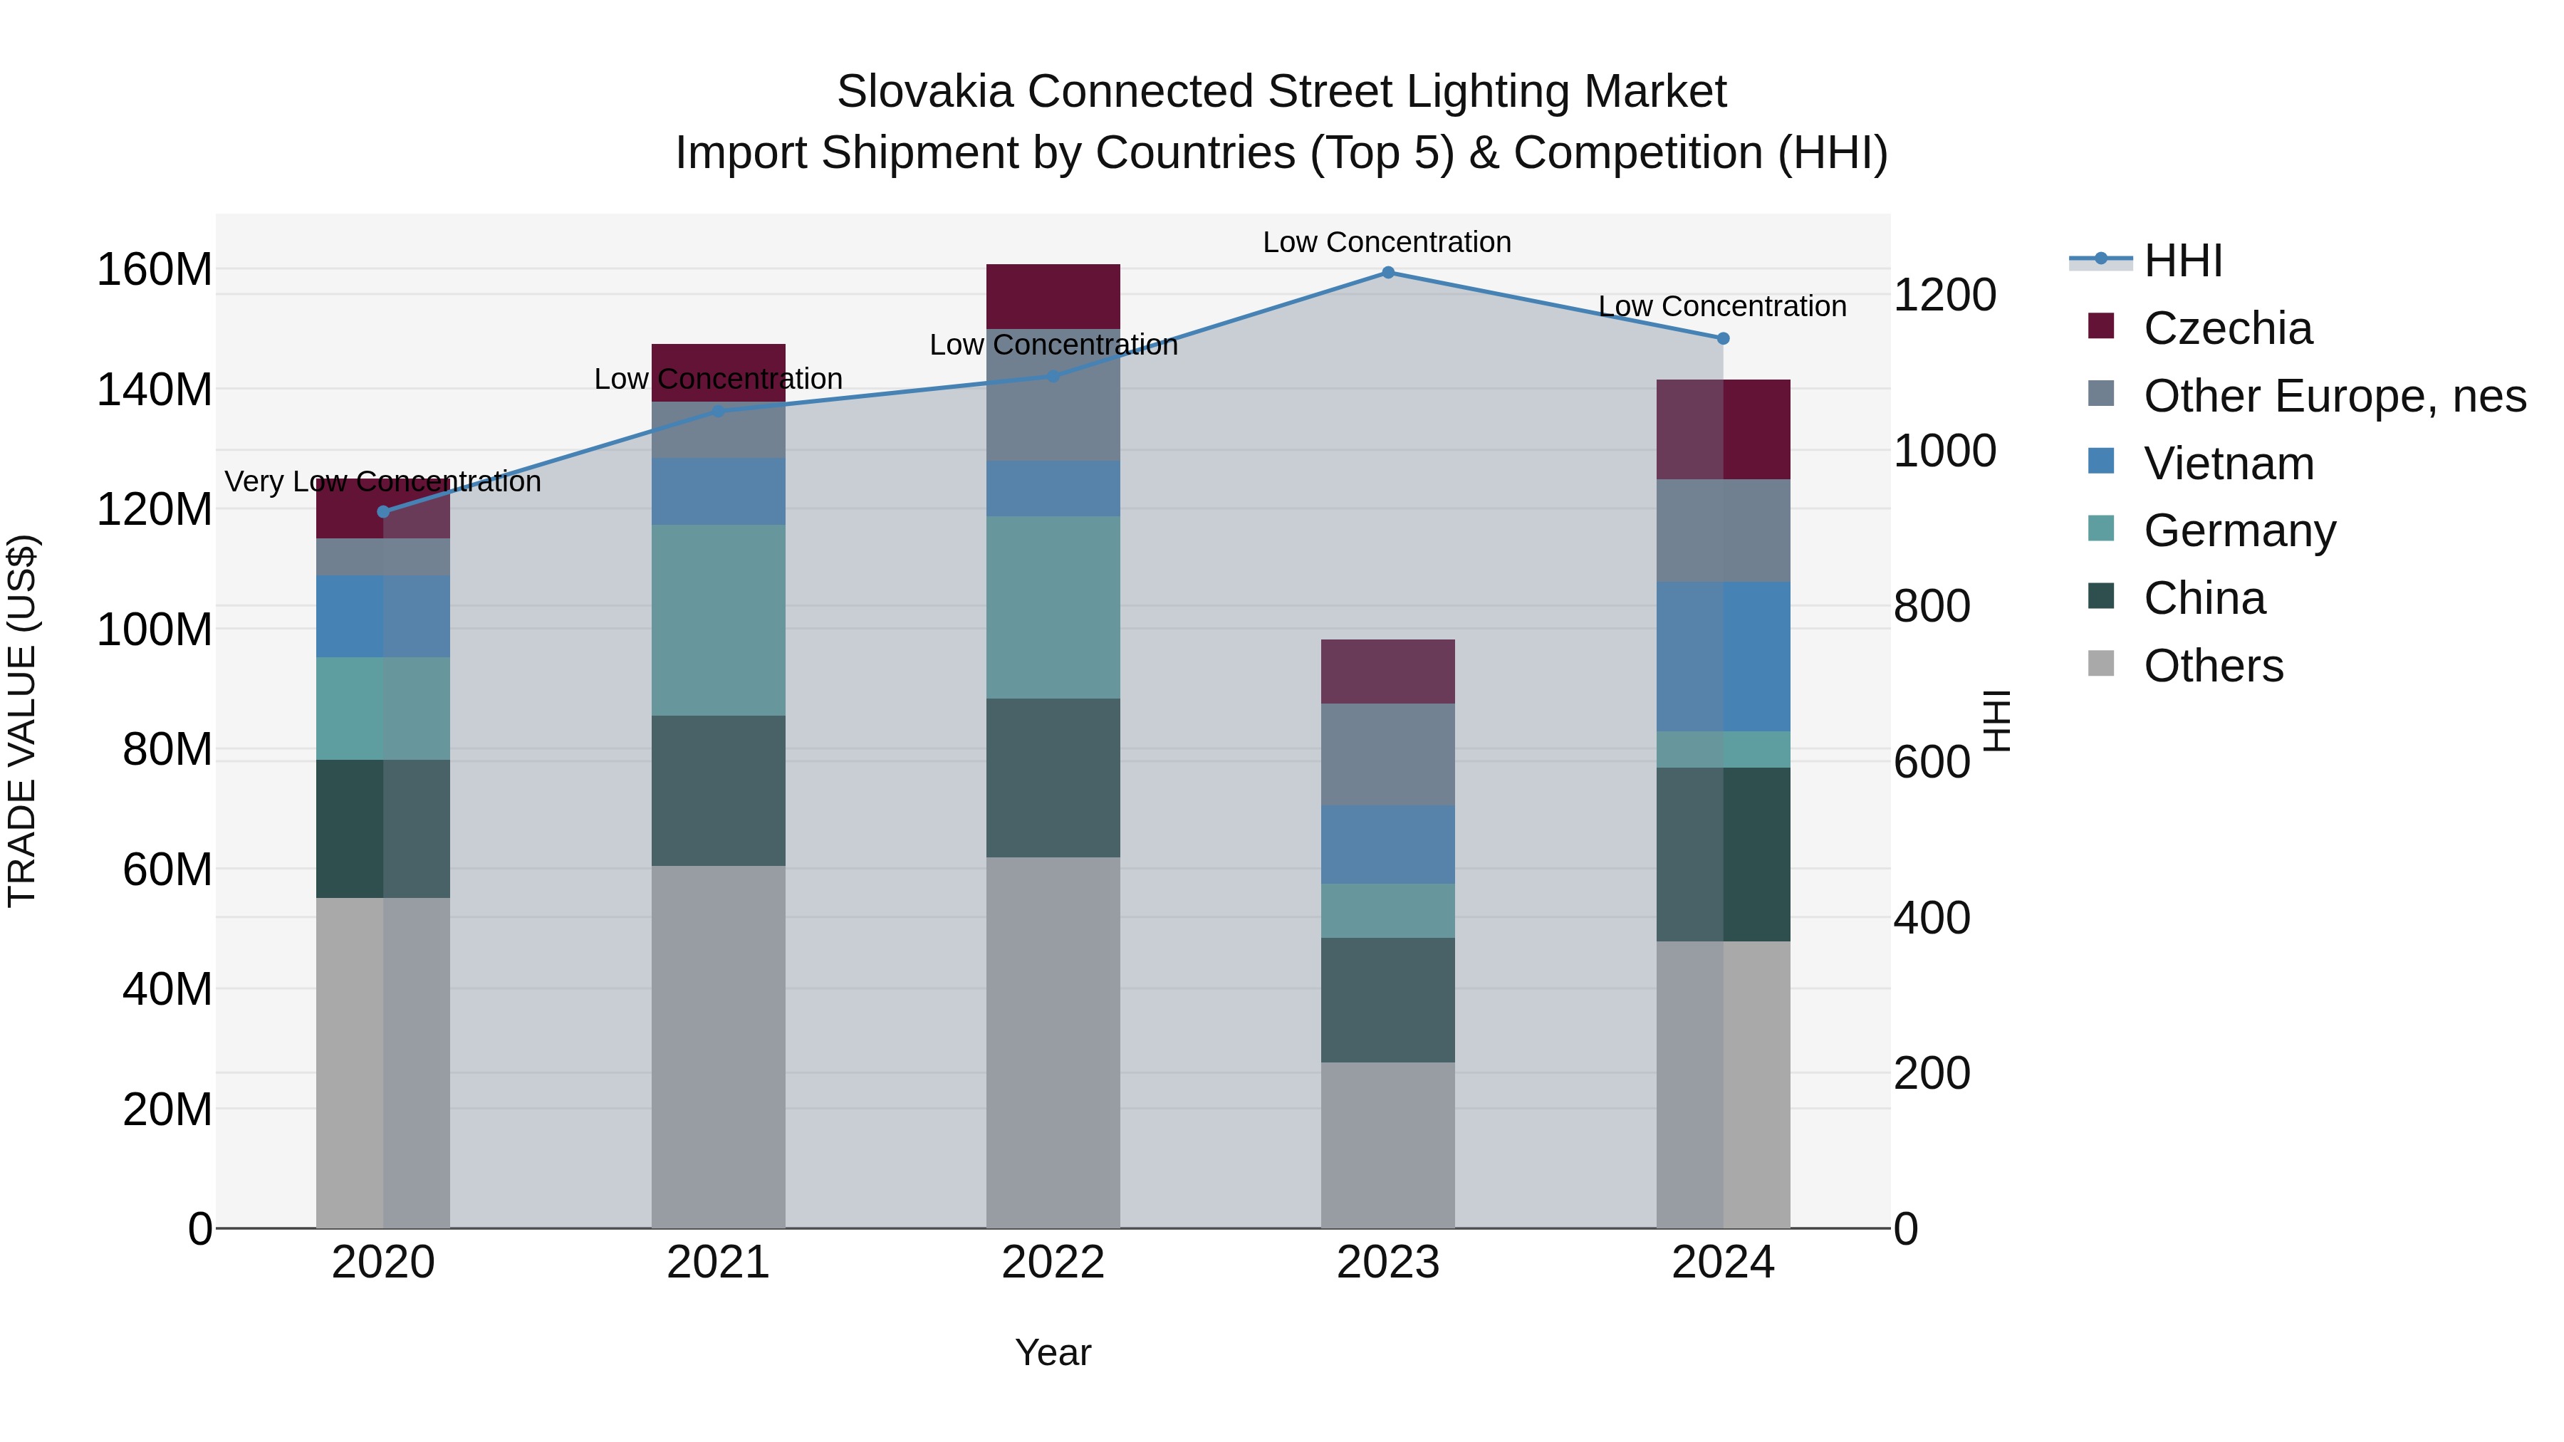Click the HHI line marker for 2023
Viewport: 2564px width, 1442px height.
[1387, 273]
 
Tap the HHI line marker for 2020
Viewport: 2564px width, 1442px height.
[383, 511]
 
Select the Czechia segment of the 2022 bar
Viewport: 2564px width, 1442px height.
[1053, 296]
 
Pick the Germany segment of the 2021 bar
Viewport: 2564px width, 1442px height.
[718, 620]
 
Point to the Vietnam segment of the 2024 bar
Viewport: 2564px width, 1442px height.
[1723, 657]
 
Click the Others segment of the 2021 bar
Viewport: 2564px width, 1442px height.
[718, 1046]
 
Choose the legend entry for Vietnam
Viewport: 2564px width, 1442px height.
[2228, 464]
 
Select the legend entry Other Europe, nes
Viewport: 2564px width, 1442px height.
[2334, 396]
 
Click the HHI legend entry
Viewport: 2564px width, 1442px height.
[2182, 261]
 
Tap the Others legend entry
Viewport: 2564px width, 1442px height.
[2213, 666]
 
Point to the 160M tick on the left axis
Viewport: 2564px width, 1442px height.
[155, 270]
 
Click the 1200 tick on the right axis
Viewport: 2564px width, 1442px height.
[1944, 295]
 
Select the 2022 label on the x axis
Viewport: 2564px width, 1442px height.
[1053, 1263]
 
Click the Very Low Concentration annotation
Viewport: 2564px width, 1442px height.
[383, 481]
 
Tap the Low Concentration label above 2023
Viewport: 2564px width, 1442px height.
[1387, 242]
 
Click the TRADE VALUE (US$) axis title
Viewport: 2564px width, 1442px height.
[22, 721]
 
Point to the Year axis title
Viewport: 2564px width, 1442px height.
[1053, 1352]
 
